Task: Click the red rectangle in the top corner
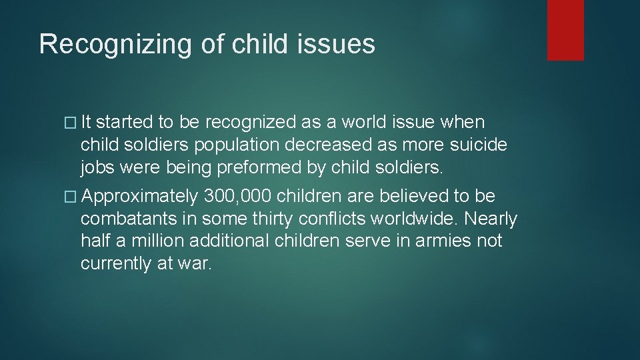565,30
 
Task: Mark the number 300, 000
237,196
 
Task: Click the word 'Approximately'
141,196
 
